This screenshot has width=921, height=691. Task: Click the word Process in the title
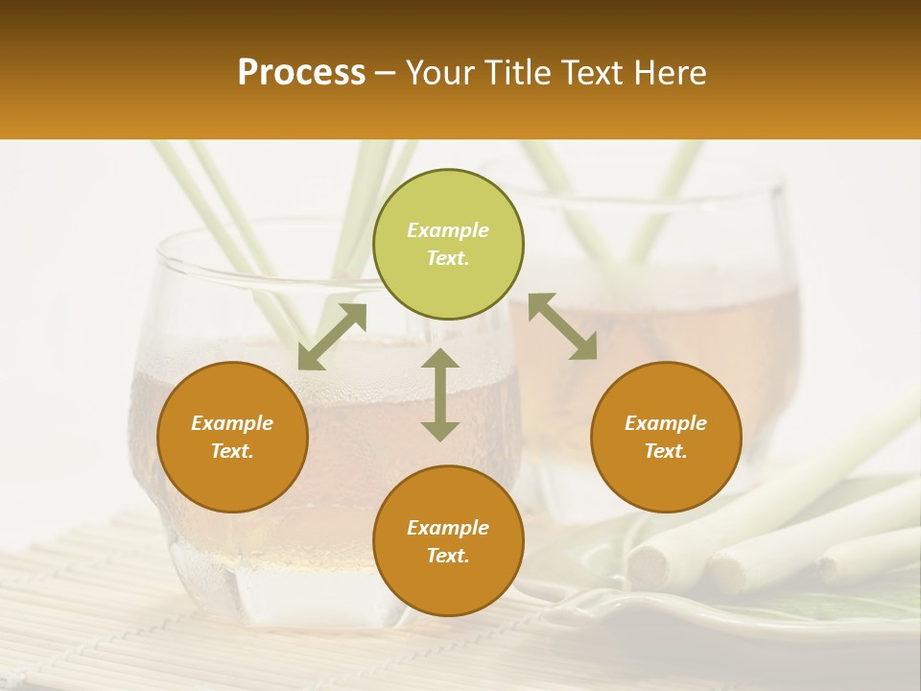pos(301,73)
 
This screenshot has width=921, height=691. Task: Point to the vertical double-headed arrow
pos(440,394)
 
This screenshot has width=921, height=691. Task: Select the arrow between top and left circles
pos(332,337)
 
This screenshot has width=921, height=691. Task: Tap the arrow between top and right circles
pos(562,326)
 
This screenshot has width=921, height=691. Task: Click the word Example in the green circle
pos(448,230)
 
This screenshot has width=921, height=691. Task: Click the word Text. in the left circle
pos(232,451)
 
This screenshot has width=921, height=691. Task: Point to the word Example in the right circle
pos(666,423)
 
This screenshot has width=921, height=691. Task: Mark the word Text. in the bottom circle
pos(448,556)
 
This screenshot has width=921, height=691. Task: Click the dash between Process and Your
pos(386,73)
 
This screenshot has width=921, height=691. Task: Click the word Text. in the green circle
pos(448,258)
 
